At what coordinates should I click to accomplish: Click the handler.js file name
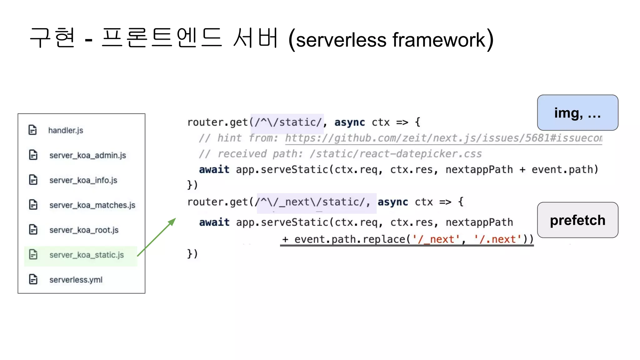tap(66, 130)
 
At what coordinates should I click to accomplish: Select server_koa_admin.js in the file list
tap(87, 155)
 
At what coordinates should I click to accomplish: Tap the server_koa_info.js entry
tap(83, 180)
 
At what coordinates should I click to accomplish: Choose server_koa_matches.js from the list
tap(92, 205)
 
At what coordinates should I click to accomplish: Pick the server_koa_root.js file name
tap(84, 230)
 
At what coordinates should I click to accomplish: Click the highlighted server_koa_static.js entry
tap(86, 255)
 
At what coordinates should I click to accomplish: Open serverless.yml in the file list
tap(76, 280)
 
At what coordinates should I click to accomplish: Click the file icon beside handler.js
tap(33, 130)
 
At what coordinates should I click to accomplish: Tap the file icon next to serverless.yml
tap(33, 279)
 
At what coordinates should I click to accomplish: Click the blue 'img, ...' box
tap(577, 113)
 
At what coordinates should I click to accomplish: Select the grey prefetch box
tap(577, 220)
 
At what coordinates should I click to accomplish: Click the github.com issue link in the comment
tap(443, 138)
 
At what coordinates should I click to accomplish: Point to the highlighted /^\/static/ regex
tap(287, 122)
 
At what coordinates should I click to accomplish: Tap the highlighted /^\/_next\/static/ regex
tap(316, 202)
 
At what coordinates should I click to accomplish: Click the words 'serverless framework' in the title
tap(390, 40)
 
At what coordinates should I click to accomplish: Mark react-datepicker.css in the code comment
tap(421, 154)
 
